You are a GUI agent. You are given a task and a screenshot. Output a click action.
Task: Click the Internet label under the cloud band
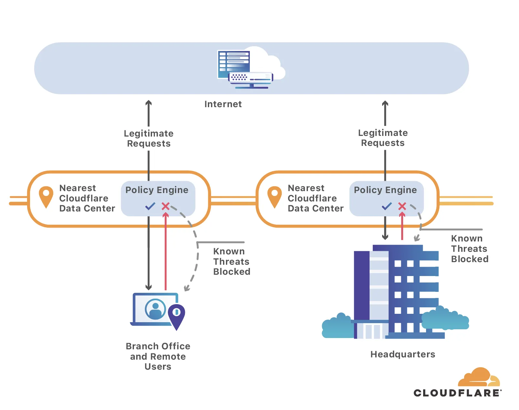pos(223,104)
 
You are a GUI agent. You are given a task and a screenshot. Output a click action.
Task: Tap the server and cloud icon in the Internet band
pos(249,68)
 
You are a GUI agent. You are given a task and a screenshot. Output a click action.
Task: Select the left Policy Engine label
pos(157,190)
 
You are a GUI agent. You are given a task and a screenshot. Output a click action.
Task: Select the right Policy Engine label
pos(385,190)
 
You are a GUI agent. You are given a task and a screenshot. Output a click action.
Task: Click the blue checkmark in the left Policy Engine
pos(150,206)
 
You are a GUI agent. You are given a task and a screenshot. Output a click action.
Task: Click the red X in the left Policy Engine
pos(166,206)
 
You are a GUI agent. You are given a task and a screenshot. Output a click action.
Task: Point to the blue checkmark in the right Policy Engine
pos(387,206)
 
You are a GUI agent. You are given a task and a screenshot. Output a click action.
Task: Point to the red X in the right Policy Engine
pos(402,206)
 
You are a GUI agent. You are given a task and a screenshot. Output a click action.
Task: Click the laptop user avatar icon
pos(155,309)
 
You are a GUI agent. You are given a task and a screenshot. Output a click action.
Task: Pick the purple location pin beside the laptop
pos(177,315)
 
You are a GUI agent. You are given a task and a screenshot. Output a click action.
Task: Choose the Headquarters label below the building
pos(403,354)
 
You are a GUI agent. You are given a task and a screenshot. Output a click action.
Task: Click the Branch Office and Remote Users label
pos(158,356)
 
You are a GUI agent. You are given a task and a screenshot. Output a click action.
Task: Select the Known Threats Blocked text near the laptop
pos(231,261)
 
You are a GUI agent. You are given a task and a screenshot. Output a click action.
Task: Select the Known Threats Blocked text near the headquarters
pos(470,249)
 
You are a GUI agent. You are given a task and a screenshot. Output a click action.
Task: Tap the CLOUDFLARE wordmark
pos(457,393)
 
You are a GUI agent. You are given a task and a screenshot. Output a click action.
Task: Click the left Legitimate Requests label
pos(149,138)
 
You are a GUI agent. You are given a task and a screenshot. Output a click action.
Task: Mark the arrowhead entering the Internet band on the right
pos(385,104)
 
